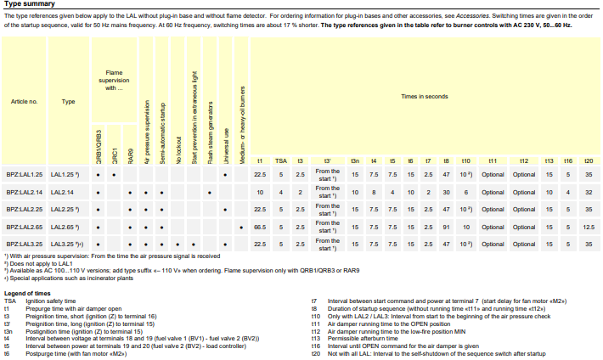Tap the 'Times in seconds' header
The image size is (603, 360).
click(425, 97)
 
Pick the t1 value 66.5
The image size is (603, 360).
click(260, 227)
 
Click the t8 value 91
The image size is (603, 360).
click(447, 227)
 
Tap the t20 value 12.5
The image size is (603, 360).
click(589, 227)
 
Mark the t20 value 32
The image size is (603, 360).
click(589, 192)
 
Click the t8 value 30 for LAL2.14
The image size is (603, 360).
click(447, 192)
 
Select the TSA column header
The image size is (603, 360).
click(281, 160)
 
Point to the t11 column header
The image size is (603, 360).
click(493, 160)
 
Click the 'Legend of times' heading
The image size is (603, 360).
click(27, 293)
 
